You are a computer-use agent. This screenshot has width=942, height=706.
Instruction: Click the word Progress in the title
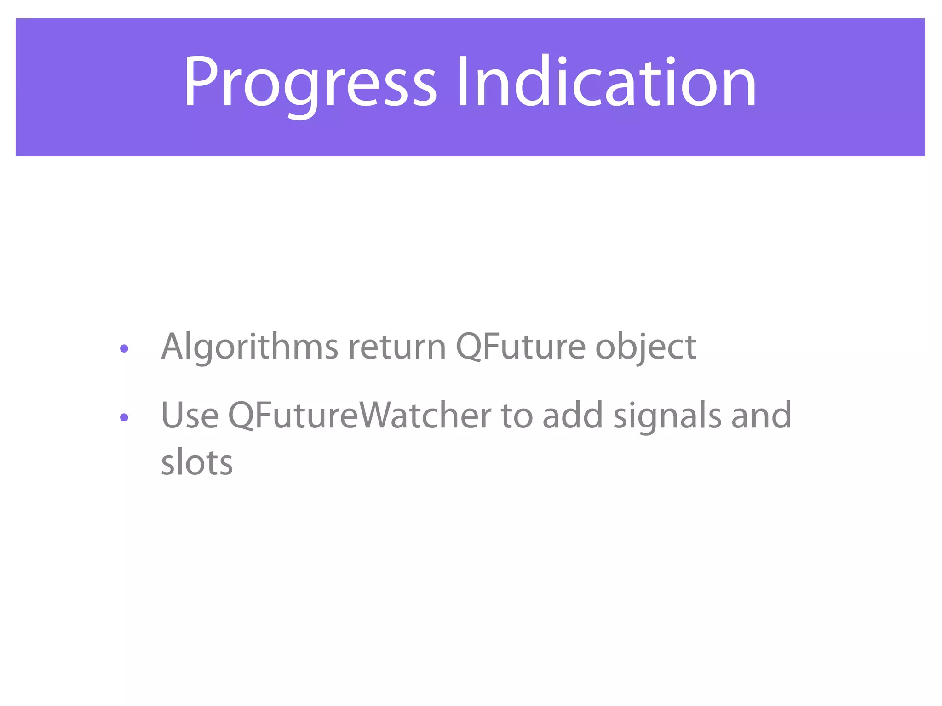pyautogui.click(x=310, y=83)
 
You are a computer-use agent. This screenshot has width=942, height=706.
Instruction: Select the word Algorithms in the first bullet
pyautogui.click(x=250, y=347)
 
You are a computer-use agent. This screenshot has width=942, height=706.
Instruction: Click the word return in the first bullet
pyautogui.click(x=397, y=347)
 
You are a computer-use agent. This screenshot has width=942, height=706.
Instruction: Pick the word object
pyautogui.click(x=645, y=347)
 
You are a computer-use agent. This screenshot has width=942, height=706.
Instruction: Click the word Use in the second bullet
pyautogui.click(x=190, y=416)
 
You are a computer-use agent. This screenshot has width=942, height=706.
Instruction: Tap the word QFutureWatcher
pyautogui.click(x=360, y=416)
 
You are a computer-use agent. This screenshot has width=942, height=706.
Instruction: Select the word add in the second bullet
pyautogui.click(x=572, y=416)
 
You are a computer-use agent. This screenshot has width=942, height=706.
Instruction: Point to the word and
pyautogui.click(x=761, y=416)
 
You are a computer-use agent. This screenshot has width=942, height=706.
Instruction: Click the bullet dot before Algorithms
pyautogui.click(x=124, y=349)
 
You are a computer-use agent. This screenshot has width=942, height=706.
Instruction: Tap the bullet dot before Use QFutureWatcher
pyautogui.click(x=124, y=417)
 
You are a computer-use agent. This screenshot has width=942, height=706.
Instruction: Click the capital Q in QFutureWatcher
pyautogui.click(x=242, y=416)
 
